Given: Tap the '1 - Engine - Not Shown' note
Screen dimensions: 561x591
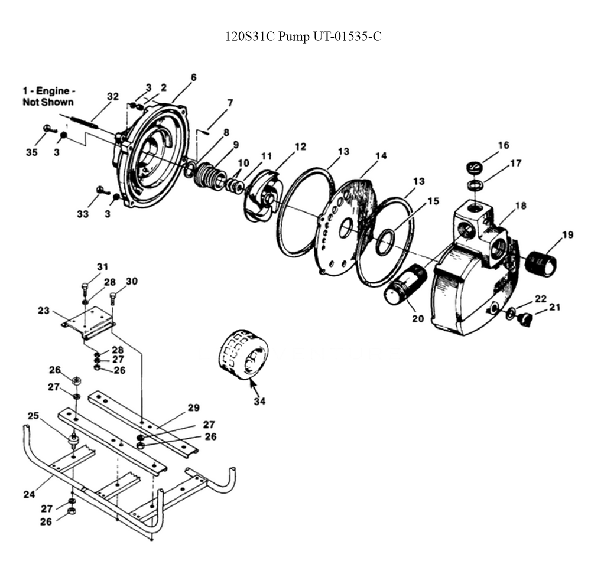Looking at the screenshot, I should click(x=48, y=96).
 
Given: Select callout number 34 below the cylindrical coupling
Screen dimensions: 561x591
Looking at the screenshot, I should click(x=259, y=402).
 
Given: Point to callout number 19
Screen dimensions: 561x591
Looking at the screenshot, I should click(x=567, y=234).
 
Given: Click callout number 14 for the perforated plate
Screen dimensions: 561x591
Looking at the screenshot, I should click(x=380, y=156).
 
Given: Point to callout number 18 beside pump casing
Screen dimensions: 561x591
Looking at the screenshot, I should click(x=521, y=206).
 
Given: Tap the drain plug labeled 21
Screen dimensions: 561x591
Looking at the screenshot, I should click(x=523, y=319).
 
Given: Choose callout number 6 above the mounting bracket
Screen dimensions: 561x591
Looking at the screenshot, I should click(x=193, y=77).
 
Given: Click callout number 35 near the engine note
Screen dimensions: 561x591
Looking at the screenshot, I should click(x=31, y=152).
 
